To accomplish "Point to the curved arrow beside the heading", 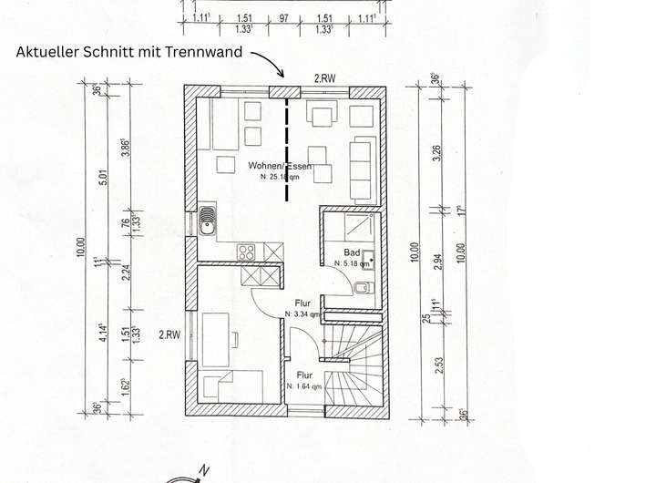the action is pos(268,62).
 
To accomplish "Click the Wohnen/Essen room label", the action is pos(281,167).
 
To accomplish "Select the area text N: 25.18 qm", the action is pos(280,177).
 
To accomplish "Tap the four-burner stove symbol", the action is pos(246,252).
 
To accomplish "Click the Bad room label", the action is pos(353,252).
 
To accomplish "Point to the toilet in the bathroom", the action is pos(363,289).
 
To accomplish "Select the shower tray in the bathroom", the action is pos(349,226).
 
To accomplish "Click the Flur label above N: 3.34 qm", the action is pos(303,303).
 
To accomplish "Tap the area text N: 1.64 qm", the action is pos(304,386).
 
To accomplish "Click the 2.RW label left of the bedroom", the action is pos(170,334).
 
